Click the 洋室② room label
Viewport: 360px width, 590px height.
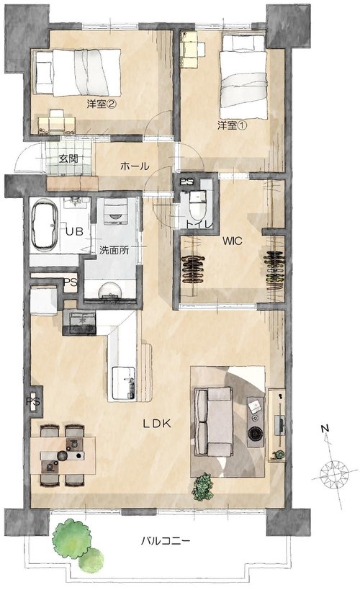click(102, 104)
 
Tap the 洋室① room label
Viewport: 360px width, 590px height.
click(232, 125)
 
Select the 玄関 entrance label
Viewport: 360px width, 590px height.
click(68, 158)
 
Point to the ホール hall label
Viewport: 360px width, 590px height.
click(135, 166)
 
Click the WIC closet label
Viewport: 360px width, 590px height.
click(232, 241)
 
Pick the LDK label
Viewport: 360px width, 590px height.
click(157, 424)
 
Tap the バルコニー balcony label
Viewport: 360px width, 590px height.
click(166, 541)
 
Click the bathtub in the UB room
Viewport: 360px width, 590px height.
click(45, 224)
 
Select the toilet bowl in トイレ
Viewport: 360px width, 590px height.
click(197, 205)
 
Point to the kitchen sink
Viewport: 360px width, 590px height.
click(123, 383)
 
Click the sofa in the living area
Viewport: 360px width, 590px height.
click(213, 422)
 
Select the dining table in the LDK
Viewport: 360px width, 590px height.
click(63, 455)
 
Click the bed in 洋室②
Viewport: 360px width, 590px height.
click(78, 73)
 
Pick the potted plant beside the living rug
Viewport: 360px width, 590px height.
click(202, 486)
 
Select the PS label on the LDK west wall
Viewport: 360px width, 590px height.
click(33, 401)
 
